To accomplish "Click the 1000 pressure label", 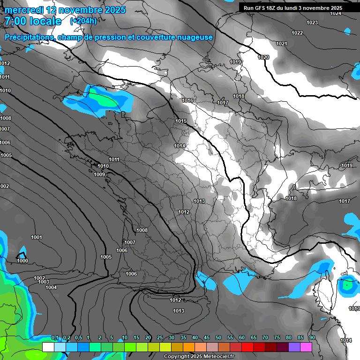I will coord(22,261).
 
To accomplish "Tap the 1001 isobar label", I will coord(37,238).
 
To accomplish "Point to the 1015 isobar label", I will coord(181,121).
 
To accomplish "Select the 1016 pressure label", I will coord(188,101).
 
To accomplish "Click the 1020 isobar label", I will coord(264,58).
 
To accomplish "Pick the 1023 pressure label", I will coord(312,23).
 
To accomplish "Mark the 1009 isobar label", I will coord(99,175).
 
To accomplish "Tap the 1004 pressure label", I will coord(51,288).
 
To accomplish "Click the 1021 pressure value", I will coord(282,44).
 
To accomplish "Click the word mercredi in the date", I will coord(24,10).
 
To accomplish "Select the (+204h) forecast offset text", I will coord(83,21).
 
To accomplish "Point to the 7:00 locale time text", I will coord(33,21).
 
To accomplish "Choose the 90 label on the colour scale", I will coord(312,338).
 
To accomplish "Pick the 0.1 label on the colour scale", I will coord(55,338).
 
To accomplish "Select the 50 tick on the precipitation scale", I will coord(218,338).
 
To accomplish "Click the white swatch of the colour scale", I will coord(48,347).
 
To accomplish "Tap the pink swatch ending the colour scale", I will coord(306,347).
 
